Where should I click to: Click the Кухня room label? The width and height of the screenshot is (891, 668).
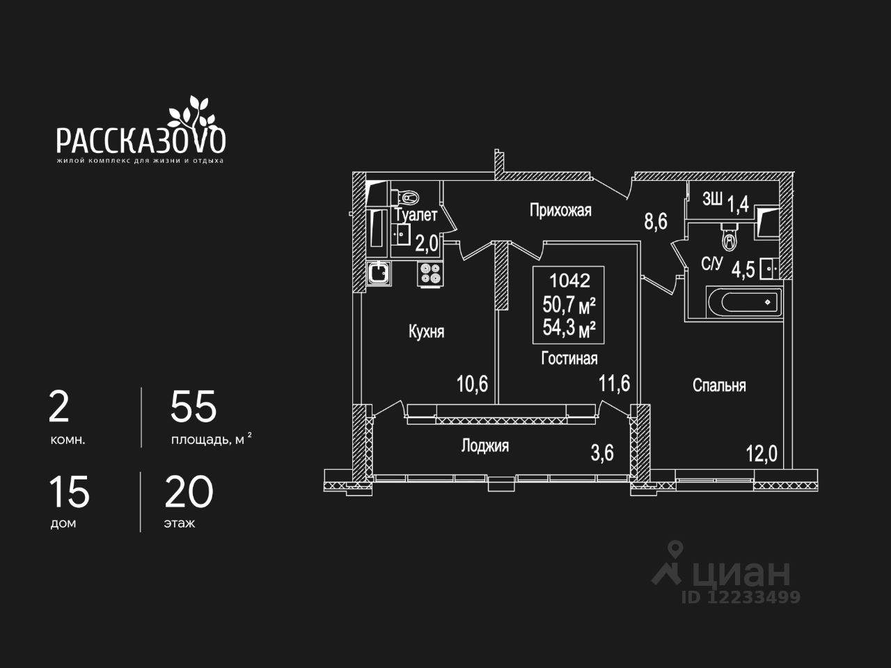pyautogui.click(x=426, y=332)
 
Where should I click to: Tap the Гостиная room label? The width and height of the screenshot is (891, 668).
pyautogui.click(x=569, y=358)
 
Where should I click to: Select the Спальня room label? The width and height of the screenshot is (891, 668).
pyautogui.click(x=719, y=385)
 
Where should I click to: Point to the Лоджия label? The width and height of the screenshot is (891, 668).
pyautogui.click(x=484, y=446)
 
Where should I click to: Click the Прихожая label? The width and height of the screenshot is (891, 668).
pyautogui.click(x=560, y=210)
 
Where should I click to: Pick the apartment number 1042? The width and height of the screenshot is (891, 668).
pyautogui.click(x=569, y=281)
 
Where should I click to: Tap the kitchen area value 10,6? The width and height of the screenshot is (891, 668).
pyautogui.click(x=472, y=383)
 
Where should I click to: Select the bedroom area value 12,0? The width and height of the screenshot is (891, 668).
pyautogui.click(x=761, y=454)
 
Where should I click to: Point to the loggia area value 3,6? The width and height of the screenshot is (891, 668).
pyautogui.click(x=602, y=453)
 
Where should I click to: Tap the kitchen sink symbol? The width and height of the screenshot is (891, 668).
pyautogui.click(x=379, y=273)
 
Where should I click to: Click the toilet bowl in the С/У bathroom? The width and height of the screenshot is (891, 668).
pyautogui.click(x=729, y=239)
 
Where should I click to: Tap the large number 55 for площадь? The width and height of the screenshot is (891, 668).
pyautogui.click(x=194, y=407)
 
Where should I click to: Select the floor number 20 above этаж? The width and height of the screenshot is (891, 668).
pyautogui.click(x=189, y=493)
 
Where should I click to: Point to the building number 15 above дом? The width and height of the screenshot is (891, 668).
pyautogui.click(x=69, y=493)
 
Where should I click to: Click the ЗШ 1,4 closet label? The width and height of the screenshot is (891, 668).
pyautogui.click(x=725, y=202)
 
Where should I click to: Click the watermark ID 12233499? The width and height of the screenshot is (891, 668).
pyautogui.click(x=741, y=597)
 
